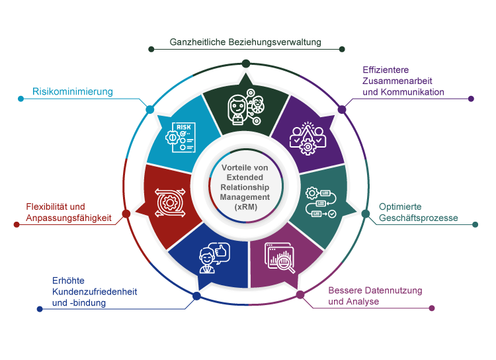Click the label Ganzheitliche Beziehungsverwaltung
[245, 42]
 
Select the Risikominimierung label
[73, 91]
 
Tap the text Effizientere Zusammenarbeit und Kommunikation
[403, 81]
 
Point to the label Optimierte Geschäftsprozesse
[418, 212]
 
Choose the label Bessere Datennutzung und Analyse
[374, 296]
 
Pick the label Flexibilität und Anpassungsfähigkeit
[69, 212]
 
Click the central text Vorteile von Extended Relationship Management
[245, 188]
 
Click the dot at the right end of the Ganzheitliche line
[341, 49]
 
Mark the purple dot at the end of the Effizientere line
[471, 99]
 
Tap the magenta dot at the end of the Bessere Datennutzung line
[432, 308]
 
